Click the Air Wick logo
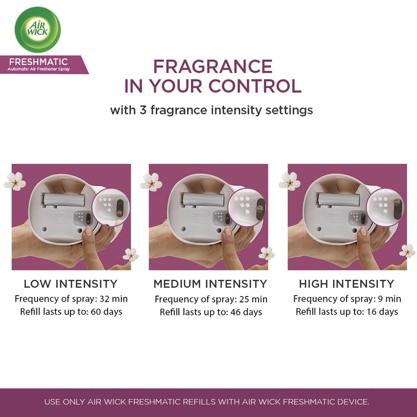click(x=38, y=30)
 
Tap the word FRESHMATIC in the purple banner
click(x=38, y=62)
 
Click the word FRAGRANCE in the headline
click(x=213, y=66)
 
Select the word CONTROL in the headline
click(x=255, y=86)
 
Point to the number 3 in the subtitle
click(x=143, y=110)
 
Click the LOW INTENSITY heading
click(x=71, y=284)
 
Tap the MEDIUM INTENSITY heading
click(x=210, y=284)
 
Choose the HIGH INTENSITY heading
click(x=347, y=284)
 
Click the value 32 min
click(x=114, y=299)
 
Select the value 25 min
click(x=253, y=299)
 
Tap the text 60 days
click(x=107, y=312)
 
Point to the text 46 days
click(x=246, y=312)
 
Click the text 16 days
click(x=382, y=312)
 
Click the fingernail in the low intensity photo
click(x=88, y=231)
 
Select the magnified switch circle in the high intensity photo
click(x=385, y=208)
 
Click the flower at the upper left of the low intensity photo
click(x=15, y=181)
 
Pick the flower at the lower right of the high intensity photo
click(x=407, y=251)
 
